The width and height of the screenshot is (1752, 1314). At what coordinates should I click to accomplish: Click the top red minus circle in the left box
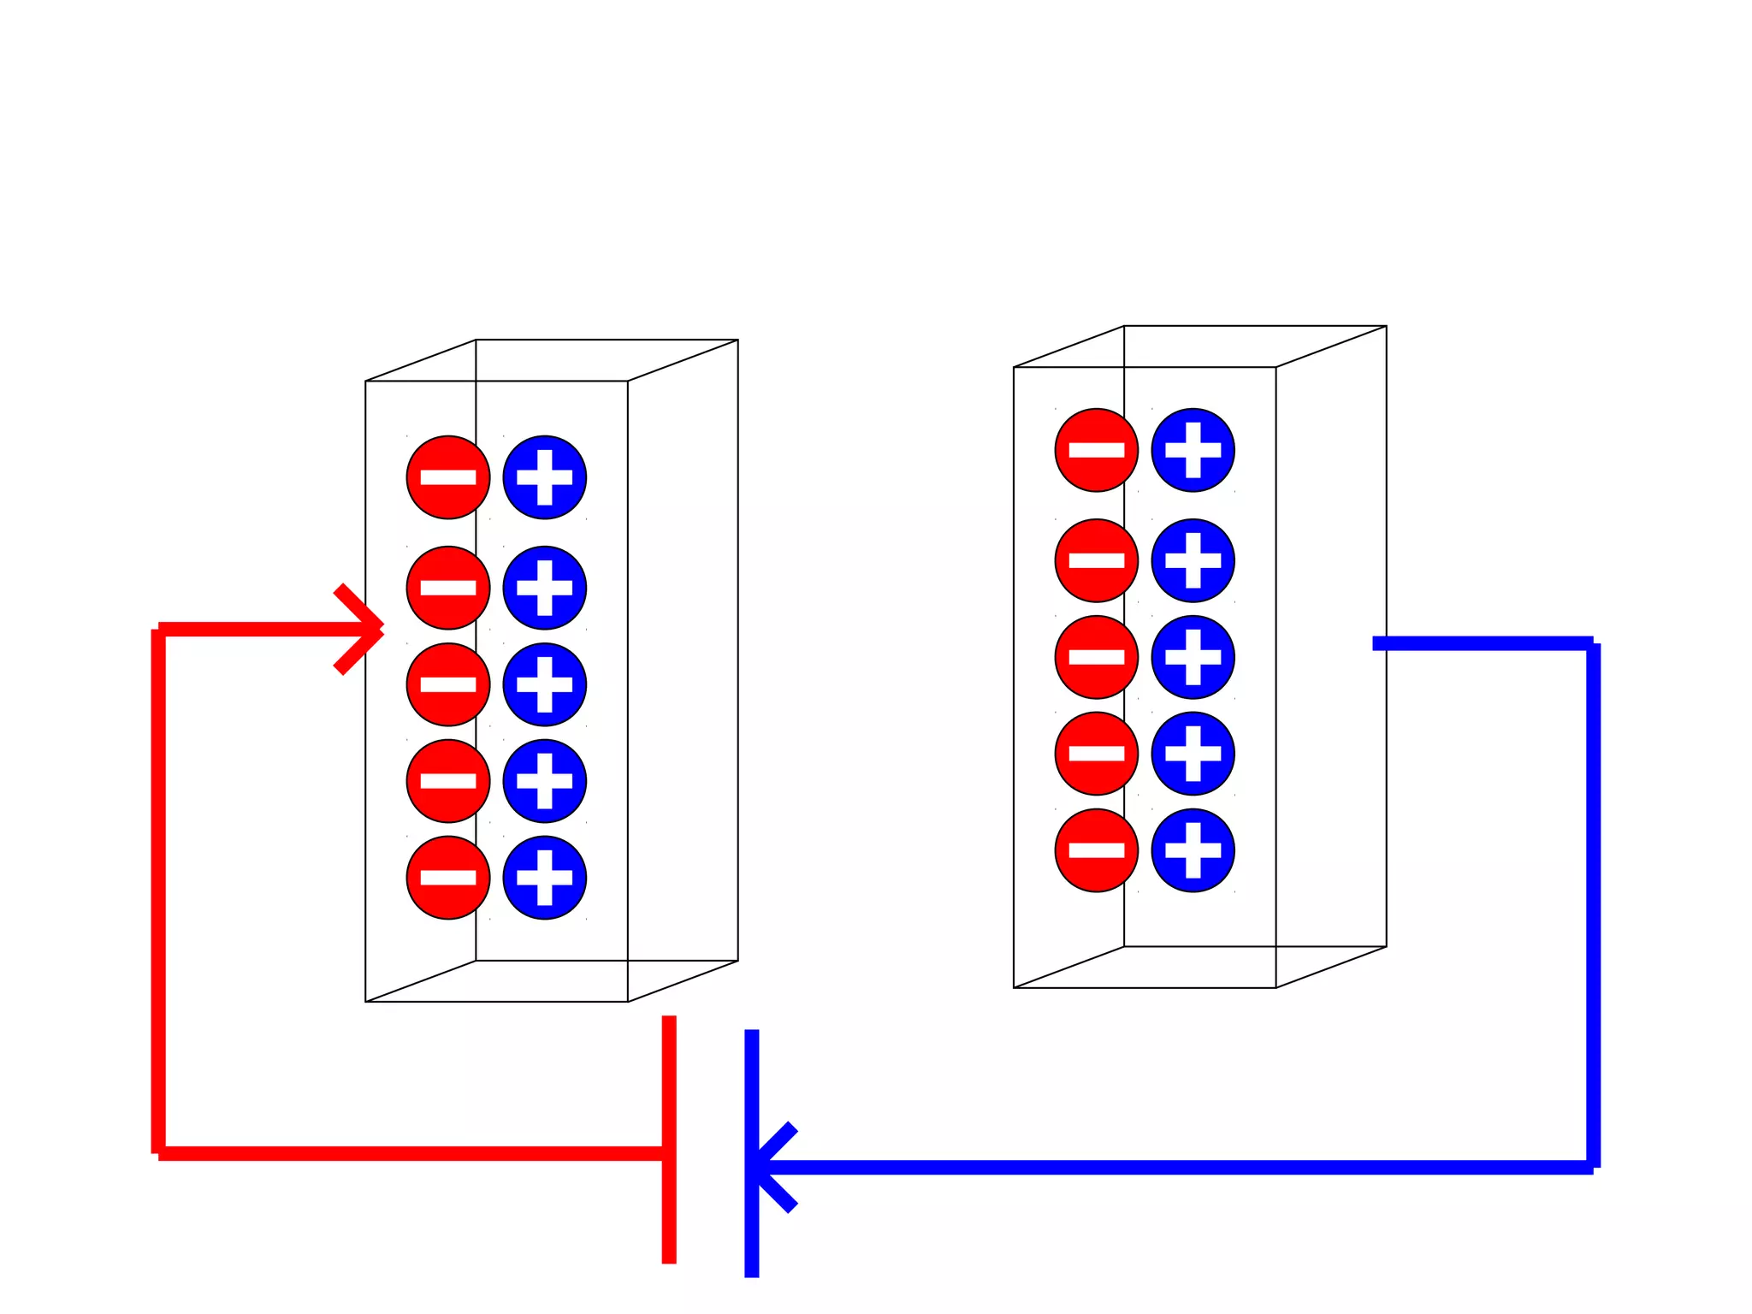[x=447, y=477]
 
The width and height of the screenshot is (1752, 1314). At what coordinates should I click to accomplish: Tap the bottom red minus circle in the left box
[x=447, y=878]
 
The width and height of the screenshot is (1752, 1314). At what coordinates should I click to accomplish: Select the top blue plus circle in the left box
[x=545, y=477]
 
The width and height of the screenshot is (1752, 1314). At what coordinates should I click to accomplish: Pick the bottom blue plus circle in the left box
[x=545, y=878]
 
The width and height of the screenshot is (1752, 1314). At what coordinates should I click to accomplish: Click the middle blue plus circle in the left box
[x=545, y=684]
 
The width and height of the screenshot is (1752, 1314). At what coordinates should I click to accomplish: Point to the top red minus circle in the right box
[x=1096, y=450]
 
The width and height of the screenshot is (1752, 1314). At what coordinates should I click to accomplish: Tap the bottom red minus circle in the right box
[x=1096, y=850]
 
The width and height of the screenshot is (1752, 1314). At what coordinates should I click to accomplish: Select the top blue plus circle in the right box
[x=1193, y=450]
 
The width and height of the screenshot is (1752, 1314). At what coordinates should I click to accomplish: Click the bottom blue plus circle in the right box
[x=1193, y=850]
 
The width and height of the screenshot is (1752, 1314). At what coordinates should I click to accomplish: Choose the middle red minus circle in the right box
[x=1096, y=657]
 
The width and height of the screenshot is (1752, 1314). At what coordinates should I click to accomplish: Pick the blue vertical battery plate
[x=752, y=1153]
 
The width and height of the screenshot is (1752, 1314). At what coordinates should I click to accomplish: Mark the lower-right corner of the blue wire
[x=1593, y=1167]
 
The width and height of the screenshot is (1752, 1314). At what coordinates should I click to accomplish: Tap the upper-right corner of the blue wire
[x=1593, y=643]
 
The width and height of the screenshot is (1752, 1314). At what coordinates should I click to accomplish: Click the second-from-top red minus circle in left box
[x=447, y=588]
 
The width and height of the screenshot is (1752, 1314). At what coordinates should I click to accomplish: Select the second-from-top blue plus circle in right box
[x=1193, y=560]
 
